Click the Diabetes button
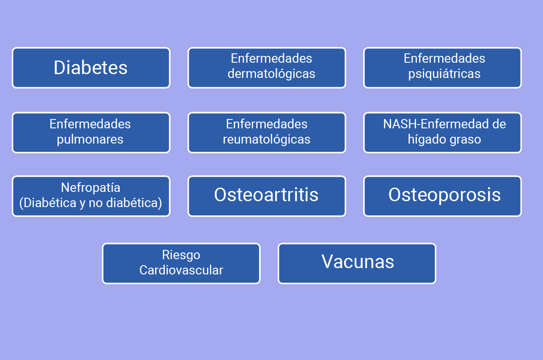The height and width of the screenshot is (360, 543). click(91, 68)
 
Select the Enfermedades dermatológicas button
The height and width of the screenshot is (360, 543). click(267, 68)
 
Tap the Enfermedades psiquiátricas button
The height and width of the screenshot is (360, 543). click(442, 68)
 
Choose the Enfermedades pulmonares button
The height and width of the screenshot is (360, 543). click(91, 133)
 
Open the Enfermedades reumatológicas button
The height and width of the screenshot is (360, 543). click(267, 133)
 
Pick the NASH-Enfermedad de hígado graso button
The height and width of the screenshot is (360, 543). click(442, 133)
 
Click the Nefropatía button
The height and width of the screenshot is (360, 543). click(91, 196)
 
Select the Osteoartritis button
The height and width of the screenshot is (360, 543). click(267, 196)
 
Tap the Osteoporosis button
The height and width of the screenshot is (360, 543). click(442, 196)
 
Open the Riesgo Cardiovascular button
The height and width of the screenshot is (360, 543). click(181, 263)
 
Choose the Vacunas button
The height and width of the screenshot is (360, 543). click(357, 263)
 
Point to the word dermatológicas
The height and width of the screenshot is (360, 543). click(271, 74)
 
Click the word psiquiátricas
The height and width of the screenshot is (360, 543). click(444, 74)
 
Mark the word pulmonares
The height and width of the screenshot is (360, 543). click(90, 139)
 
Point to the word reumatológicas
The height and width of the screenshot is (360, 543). click(267, 139)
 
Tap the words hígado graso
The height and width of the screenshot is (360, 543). click(444, 139)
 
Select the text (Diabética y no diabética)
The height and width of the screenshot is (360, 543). click(91, 203)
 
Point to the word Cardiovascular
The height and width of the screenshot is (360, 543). click(181, 270)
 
